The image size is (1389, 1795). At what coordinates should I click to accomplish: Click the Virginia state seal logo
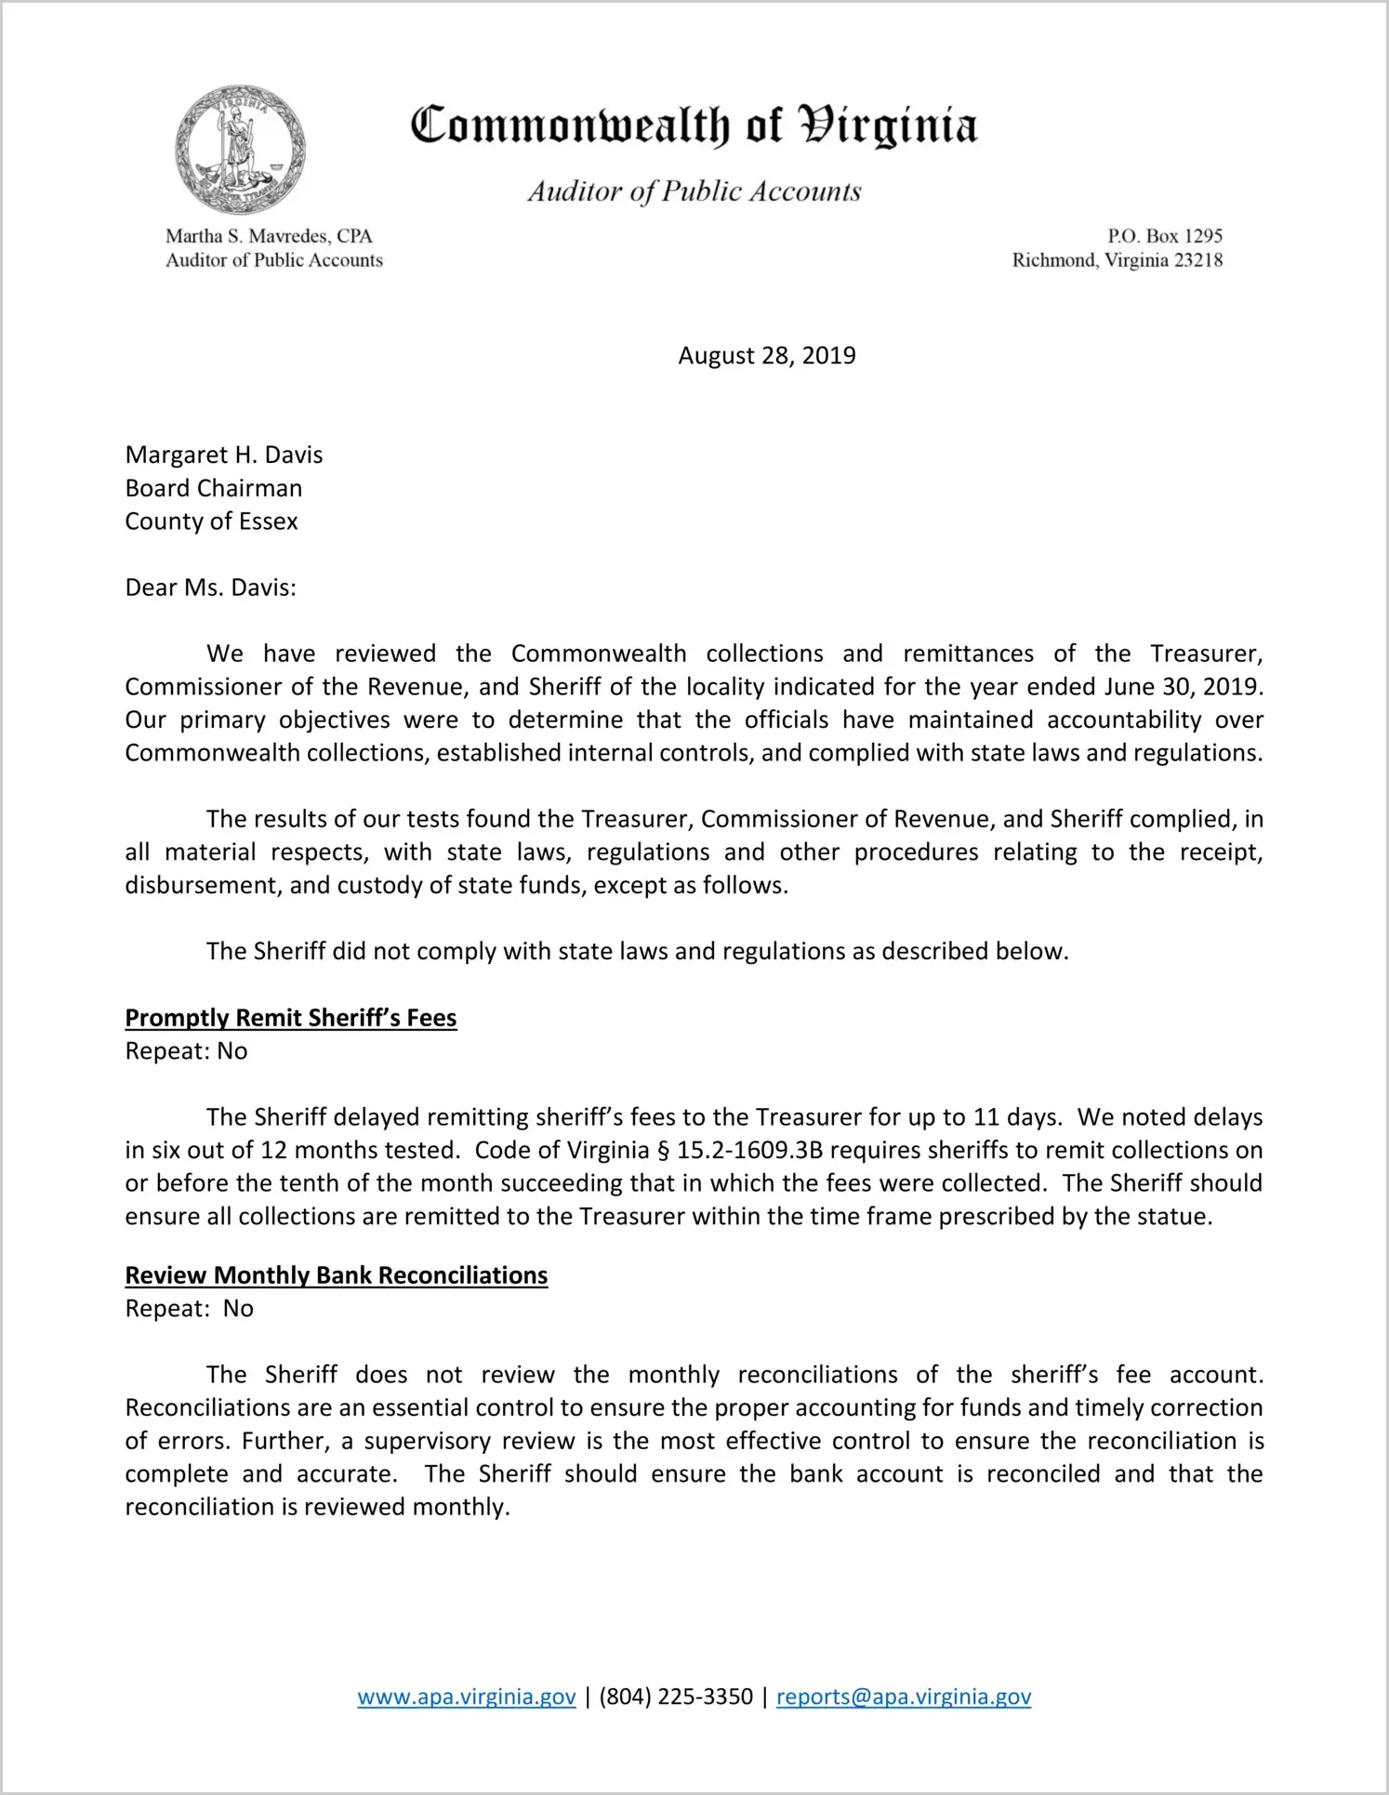tap(240, 149)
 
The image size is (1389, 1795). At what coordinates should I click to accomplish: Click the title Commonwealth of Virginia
tap(694, 125)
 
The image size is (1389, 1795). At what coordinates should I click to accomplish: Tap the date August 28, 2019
tap(766, 356)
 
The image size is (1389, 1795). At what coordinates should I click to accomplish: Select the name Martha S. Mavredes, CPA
tap(269, 236)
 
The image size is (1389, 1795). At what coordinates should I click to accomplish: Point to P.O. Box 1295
tap(1164, 236)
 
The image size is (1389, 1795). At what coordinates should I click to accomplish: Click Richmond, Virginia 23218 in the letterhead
tap(1117, 260)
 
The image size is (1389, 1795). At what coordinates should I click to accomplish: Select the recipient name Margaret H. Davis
tap(224, 455)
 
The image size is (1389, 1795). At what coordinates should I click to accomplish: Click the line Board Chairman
tap(213, 488)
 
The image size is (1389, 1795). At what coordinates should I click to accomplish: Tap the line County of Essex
tap(211, 521)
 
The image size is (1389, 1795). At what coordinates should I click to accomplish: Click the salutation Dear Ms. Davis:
tap(210, 587)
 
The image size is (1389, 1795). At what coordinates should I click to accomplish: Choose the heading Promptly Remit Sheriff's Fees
tap(291, 1018)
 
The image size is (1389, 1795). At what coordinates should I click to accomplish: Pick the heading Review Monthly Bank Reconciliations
tap(337, 1275)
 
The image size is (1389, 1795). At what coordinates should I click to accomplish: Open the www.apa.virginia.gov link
tap(467, 1696)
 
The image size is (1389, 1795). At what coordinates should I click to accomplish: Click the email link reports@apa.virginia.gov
tap(904, 1696)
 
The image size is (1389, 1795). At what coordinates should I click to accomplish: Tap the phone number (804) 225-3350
tap(676, 1696)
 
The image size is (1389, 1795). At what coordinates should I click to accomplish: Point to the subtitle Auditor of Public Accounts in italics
tap(694, 191)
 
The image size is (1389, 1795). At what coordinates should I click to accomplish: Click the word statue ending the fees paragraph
tap(1176, 1217)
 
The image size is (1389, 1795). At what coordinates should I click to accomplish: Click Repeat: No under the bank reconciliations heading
tap(189, 1309)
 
